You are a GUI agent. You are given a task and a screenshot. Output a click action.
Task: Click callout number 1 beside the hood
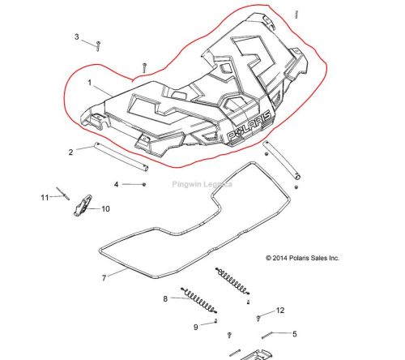pyautogui.click(x=90, y=83)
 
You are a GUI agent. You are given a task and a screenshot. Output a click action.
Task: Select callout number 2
pyautogui.click(x=70, y=152)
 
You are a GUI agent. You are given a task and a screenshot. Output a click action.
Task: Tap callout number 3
pyautogui.click(x=77, y=36)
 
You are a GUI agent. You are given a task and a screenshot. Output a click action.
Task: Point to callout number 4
pyautogui.click(x=116, y=185)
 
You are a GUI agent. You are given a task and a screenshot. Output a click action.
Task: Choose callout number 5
pyautogui.click(x=295, y=334)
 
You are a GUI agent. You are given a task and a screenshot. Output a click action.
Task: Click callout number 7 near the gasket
pyautogui.click(x=104, y=278)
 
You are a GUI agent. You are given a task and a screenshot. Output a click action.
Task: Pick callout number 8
pyautogui.click(x=165, y=298)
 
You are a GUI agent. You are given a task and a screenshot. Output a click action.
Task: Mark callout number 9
pyautogui.click(x=196, y=328)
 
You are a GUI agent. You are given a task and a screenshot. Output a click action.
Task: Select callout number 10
pyautogui.click(x=105, y=209)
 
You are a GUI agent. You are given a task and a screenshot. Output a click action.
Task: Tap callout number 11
pyautogui.click(x=45, y=198)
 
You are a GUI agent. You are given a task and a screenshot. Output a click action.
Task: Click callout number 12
pyautogui.click(x=280, y=311)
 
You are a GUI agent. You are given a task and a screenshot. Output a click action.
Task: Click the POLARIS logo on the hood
pyautogui.click(x=249, y=126)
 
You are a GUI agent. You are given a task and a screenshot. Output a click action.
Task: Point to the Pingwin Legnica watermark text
pyautogui.click(x=202, y=185)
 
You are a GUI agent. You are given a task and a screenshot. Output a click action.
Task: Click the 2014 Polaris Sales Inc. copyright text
pyautogui.click(x=302, y=258)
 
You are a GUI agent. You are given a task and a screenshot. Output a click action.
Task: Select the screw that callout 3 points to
pyautogui.click(x=98, y=46)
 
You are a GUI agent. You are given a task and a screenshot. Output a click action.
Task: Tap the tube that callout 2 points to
pyautogui.click(x=121, y=156)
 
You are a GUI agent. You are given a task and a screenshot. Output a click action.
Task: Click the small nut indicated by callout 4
pyautogui.click(x=144, y=184)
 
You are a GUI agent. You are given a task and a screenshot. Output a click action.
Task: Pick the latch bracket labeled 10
pyautogui.click(x=83, y=205)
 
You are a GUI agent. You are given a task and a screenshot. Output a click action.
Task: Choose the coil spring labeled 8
pyautogui.click(x=199, y=301)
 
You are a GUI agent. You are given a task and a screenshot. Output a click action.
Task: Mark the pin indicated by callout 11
pyautogui.click(x=63, y=194)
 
